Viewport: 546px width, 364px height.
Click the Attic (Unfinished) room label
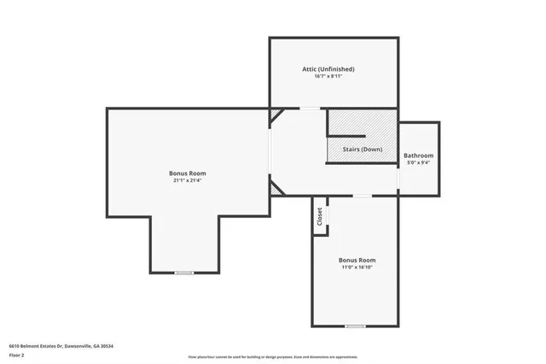328,69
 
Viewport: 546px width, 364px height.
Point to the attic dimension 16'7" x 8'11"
328,77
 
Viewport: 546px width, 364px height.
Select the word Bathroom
419,156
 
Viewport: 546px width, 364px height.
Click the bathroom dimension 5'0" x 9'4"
419,162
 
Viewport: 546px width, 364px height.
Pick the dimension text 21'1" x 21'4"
187,180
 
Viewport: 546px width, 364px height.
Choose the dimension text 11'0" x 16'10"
357,267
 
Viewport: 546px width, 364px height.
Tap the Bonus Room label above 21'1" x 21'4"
187,173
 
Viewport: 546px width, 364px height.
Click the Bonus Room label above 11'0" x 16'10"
357,259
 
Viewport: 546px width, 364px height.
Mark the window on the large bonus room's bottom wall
184,273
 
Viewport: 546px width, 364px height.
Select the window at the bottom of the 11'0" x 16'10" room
355,326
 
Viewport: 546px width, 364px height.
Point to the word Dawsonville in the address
81,346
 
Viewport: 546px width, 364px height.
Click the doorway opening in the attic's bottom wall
310,109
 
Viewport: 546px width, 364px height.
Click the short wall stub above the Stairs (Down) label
348,135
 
